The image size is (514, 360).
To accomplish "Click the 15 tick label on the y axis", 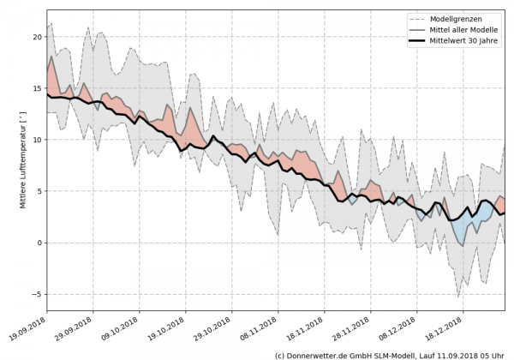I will tap(38, 88).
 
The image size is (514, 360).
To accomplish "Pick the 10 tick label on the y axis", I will tap(38, 140).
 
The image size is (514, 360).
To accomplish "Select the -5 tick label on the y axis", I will tap(38, 294).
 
